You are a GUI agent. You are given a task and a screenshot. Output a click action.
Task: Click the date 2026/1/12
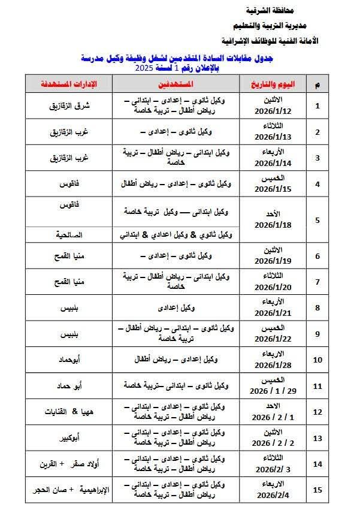tap(273, 111)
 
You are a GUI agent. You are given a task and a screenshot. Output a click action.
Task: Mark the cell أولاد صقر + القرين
tap(68, 464)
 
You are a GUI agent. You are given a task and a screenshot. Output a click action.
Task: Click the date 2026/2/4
tap(273, 496)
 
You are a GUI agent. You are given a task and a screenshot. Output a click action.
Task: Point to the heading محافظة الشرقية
tap(275, 11)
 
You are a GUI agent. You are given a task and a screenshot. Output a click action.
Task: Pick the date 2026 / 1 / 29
tap(273, 391)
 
